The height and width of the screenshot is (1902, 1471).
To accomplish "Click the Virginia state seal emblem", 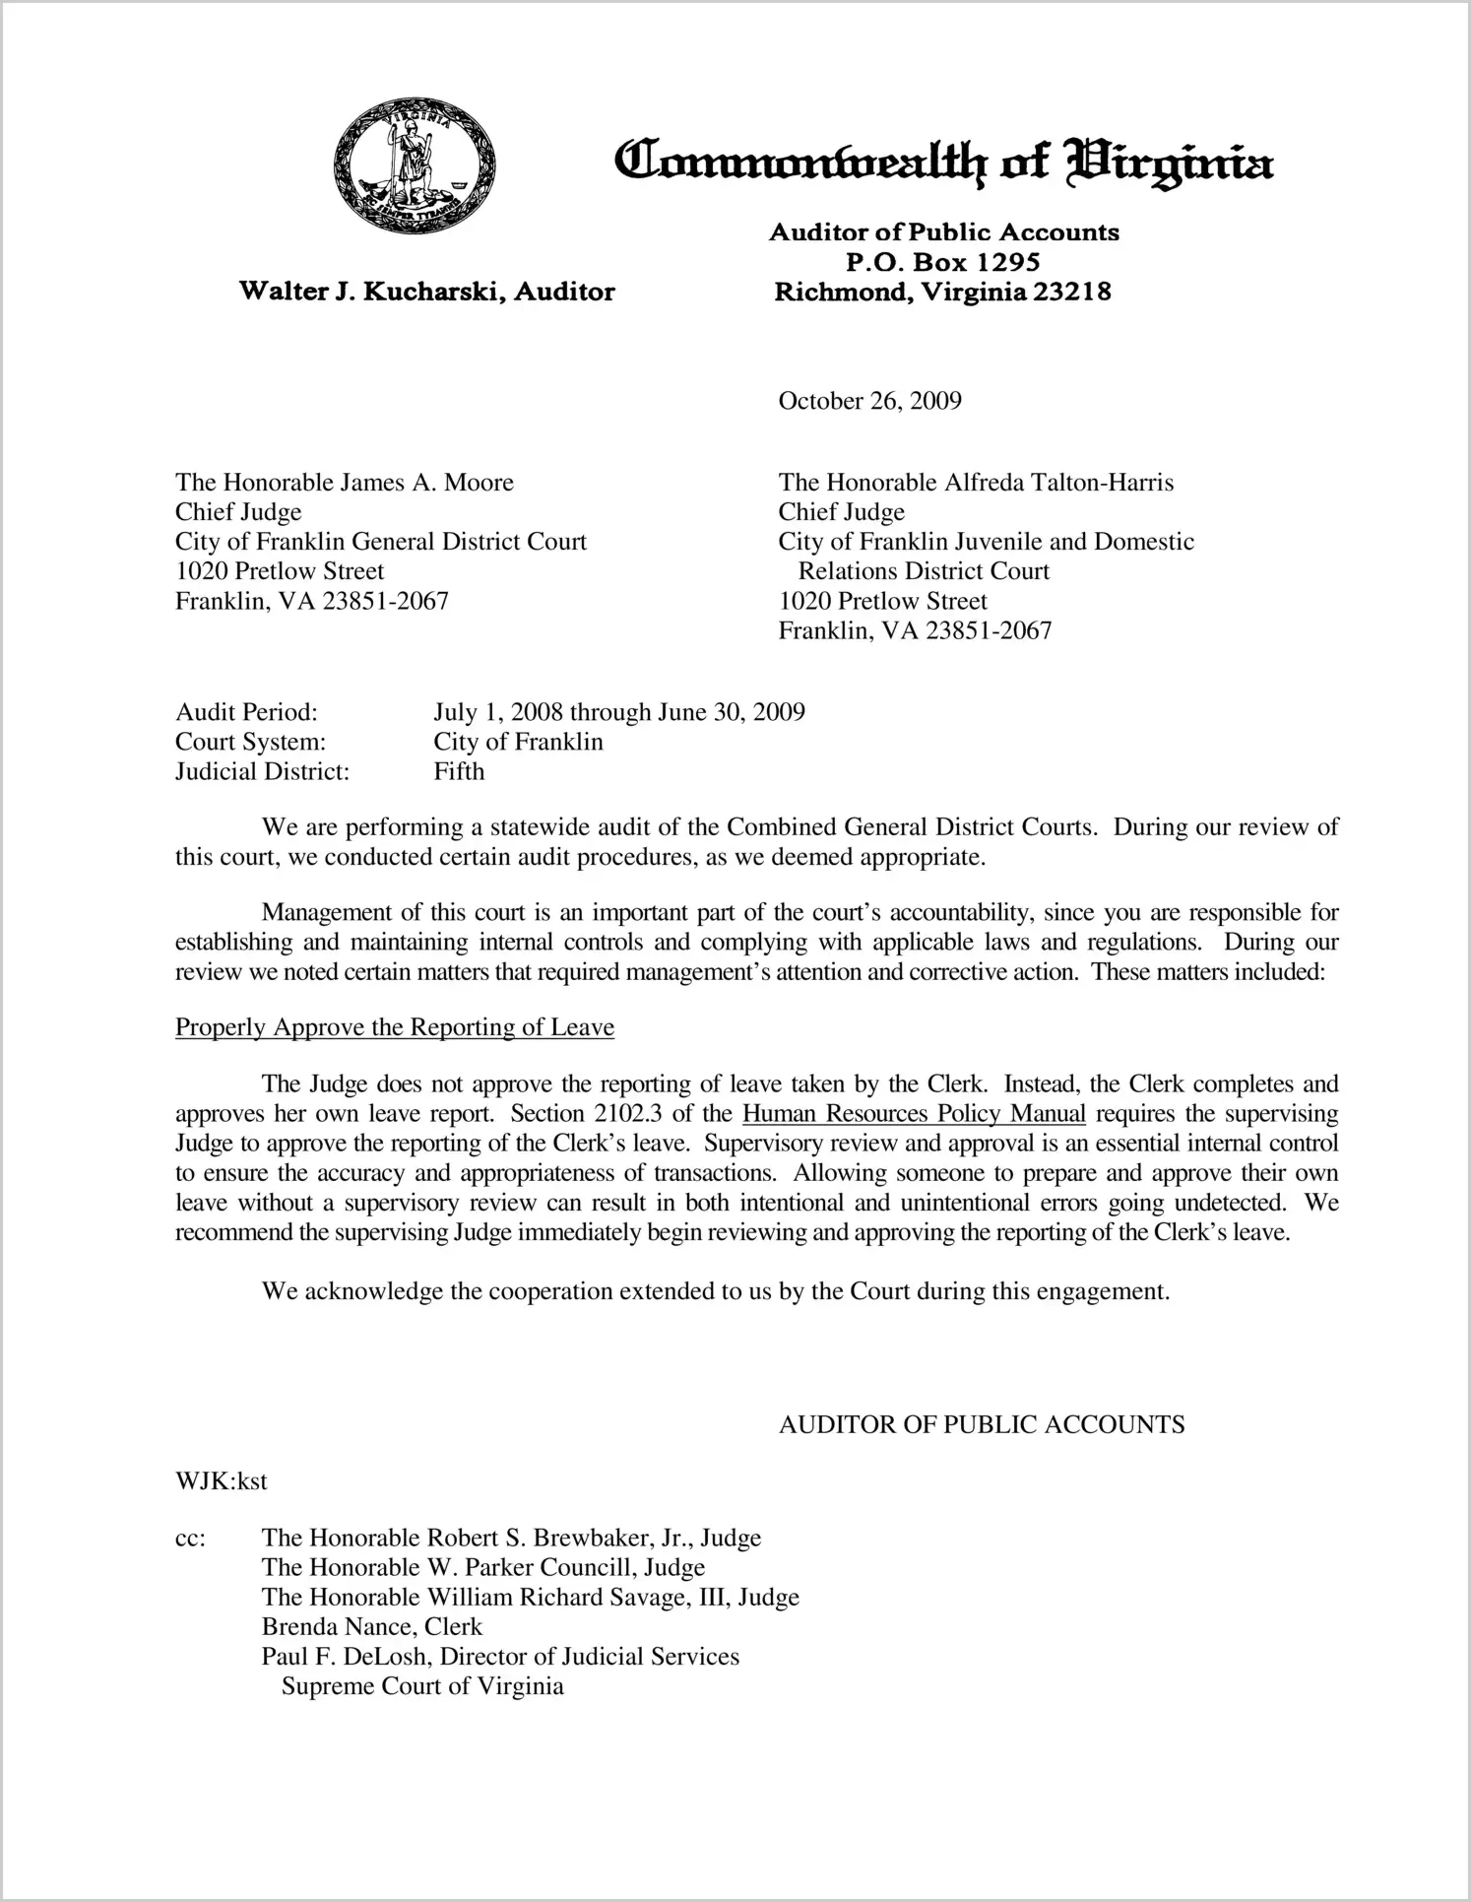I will tap(415, 165).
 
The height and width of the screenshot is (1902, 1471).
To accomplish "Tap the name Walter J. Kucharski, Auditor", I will tap(427, 292).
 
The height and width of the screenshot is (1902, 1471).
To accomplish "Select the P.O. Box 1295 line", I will tap(943, 263).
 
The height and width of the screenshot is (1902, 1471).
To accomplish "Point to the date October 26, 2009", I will tap(869, 401).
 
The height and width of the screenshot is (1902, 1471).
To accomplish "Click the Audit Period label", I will tap(246, 712).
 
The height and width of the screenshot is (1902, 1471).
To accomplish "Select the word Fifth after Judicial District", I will tap(459, 771).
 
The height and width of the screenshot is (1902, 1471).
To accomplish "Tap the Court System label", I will tap(250, 742).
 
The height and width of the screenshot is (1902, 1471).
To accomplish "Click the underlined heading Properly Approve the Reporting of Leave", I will tap(394, 1027).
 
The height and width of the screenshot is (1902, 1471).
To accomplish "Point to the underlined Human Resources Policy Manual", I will tap(914, 1114).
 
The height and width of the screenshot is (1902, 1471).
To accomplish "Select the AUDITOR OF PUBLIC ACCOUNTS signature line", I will tap(981, 1424).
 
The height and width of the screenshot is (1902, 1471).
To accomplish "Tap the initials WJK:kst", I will tap(221, 1481).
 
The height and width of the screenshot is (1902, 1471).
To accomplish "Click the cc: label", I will tap(190, 1539).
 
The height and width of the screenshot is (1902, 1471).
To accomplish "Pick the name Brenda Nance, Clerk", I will tap(371, 1627).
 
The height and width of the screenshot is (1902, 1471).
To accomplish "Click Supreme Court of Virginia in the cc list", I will tap(422, 1686).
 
